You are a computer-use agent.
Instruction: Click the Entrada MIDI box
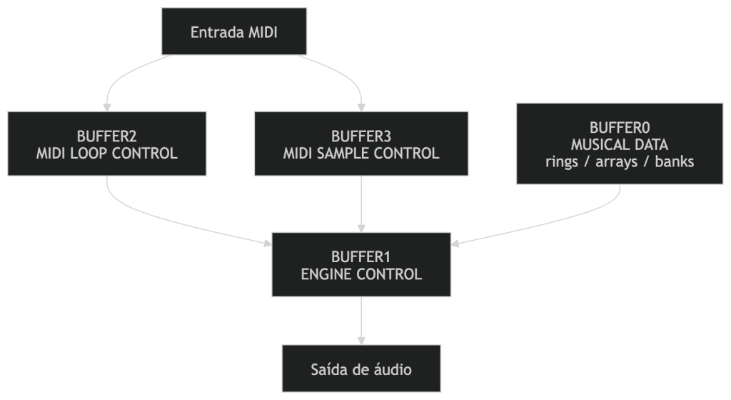click(234, 31)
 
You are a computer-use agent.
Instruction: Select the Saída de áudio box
click(361, 369)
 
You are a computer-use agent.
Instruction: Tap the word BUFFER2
click(107, 136)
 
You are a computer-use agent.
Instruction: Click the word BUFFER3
click(361, 136)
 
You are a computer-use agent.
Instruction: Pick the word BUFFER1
click(361, 256)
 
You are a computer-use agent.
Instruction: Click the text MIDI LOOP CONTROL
click(107, 153)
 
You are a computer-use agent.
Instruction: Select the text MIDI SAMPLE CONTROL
click(361, 153)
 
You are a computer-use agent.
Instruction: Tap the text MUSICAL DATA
click(620, 144)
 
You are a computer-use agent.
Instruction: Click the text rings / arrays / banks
click(620, 161)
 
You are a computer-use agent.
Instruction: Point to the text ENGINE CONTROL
click(361, 274)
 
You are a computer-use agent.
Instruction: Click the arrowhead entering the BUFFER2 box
click(108, 106)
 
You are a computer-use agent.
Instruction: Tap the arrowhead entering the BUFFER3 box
click(361, 106)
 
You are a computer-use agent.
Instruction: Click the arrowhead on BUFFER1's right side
click(456, 244)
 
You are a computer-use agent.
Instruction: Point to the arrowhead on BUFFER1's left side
click(268, 244)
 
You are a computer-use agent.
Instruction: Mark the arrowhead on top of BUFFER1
click(361, 227)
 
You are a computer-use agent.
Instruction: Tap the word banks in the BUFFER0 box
click(675, 161)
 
